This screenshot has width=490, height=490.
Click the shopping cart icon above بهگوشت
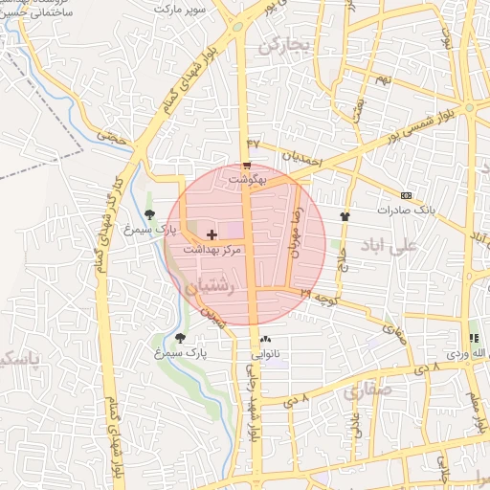tap(247, 167)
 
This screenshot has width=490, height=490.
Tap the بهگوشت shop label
tap(246, 179)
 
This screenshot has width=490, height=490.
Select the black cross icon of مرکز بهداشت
tap(212, 234)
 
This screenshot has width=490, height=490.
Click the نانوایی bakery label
tap(265, 352)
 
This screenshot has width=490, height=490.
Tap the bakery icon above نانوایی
tap(265, 339)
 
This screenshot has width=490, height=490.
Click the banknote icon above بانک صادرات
tap(406, 195)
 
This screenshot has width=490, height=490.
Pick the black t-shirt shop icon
tap(345, 216)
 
